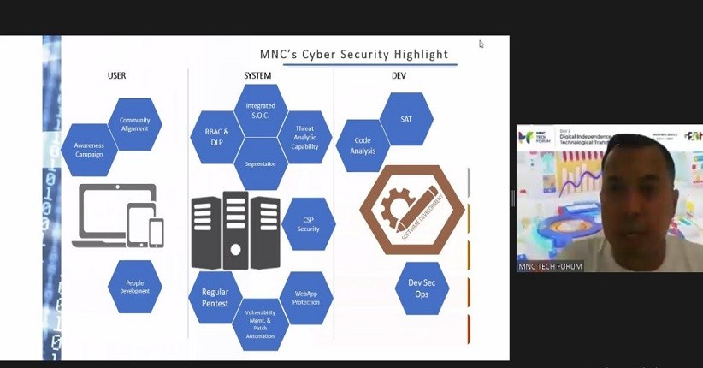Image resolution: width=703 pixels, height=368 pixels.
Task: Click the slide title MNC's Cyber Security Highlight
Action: tap(354, 55)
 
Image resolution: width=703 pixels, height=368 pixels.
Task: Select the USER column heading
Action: tap(117, 76)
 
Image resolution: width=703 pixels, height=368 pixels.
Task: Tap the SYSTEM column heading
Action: tap(257, 76)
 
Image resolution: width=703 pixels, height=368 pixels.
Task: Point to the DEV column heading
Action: tap(399, 76)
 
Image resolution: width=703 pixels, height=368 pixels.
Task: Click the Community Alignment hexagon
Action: tap(134, 124)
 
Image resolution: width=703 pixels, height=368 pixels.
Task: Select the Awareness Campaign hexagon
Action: tap(89, 150)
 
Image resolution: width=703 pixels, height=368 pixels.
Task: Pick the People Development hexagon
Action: tap(134, 287)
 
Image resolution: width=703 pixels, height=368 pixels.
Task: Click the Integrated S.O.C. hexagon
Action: tap(261, 110)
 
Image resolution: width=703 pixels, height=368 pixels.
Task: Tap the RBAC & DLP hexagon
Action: tap(216, 137)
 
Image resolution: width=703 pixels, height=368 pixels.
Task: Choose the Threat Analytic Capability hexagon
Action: tap(305, 137)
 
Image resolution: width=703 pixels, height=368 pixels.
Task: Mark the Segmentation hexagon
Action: tap(261, 163)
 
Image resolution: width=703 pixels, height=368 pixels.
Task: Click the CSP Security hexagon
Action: tap(308, 224)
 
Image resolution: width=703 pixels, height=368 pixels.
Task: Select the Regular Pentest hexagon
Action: tap(216, 297)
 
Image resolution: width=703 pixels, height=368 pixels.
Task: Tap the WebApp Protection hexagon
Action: tap(306, 297)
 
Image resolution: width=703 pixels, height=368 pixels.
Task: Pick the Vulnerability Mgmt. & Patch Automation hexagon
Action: tap(261, 323)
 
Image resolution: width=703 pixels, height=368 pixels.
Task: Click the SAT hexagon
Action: tap(406, 119)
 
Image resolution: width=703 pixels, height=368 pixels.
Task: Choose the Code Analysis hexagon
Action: tap(363, 145)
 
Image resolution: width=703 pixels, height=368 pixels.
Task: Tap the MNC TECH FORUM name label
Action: tap(551, 266)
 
